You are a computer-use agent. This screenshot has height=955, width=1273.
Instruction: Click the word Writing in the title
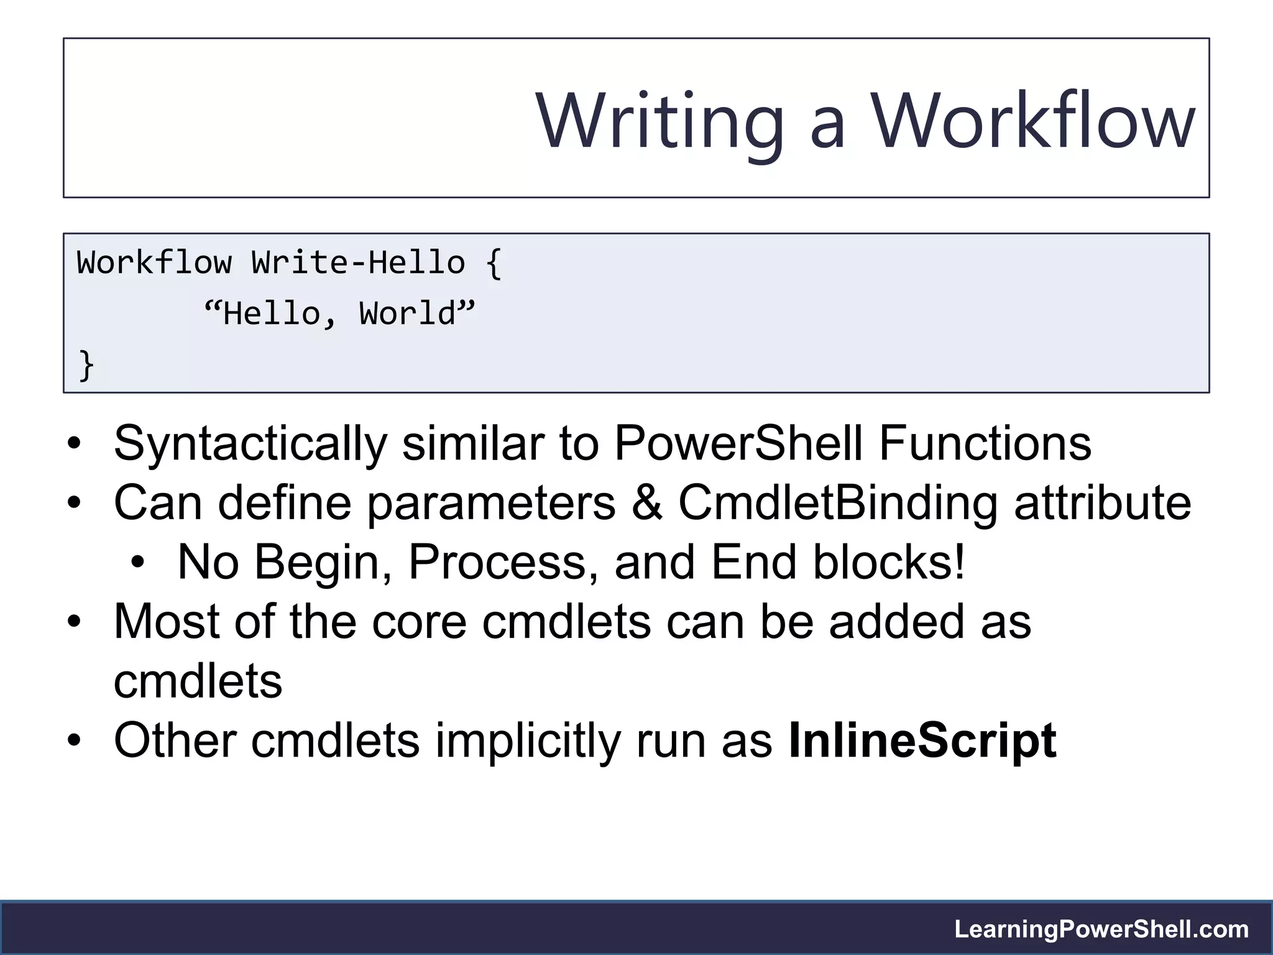click(660, 121)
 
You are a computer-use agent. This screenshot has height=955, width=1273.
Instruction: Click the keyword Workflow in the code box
click(154, 262)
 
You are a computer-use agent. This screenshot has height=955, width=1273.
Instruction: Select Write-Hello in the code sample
click(358, 262)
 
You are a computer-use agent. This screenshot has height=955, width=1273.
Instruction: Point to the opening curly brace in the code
click(494, 264)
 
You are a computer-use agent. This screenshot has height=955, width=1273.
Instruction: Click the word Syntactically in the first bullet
click(250, 444)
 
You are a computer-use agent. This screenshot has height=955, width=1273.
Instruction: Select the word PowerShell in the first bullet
click(739, 443)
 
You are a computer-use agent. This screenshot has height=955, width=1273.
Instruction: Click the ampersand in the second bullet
click(646, 502)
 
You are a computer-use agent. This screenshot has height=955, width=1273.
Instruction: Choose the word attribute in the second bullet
click(1103, 502)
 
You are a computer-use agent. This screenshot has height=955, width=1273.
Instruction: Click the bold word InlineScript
click(922, 741)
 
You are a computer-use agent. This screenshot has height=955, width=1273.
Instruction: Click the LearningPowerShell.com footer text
click(1101, 930)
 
